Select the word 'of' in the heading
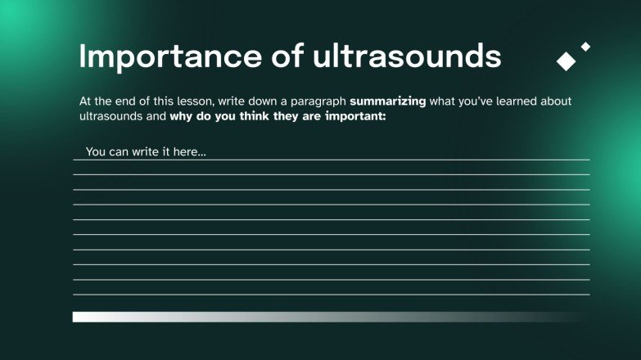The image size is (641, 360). click(x=287, y=56)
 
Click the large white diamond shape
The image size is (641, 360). click(x=566, y=61)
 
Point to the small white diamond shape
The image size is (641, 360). click(x=585, y=47)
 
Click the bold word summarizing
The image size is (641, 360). click(x=388, y=101)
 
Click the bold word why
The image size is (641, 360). click(x=182, y=116)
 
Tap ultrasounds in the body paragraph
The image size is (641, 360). click(x=112, y=116)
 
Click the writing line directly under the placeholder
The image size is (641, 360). click(x=331, y=160)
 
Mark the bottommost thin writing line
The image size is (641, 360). click(x=331, y=295)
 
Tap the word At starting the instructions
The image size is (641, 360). click(x=86, y=101)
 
